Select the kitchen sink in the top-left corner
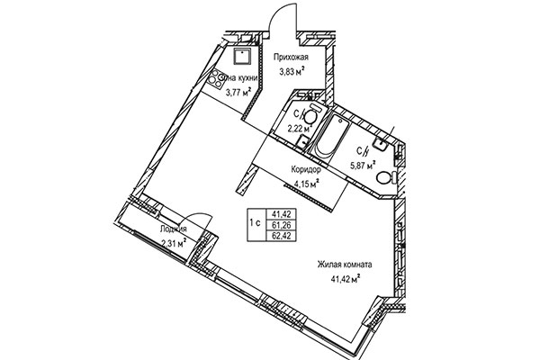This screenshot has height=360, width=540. pos(241,58)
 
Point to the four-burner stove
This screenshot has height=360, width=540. pos(219,78)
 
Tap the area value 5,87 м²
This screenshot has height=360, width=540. pos(364,165)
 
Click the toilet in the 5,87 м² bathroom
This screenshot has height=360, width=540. pos(384,178)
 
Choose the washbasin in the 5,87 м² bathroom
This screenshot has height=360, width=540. pos(380,140)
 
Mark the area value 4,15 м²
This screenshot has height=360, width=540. pos(306,184)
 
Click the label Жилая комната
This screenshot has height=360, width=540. pos(344,265)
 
